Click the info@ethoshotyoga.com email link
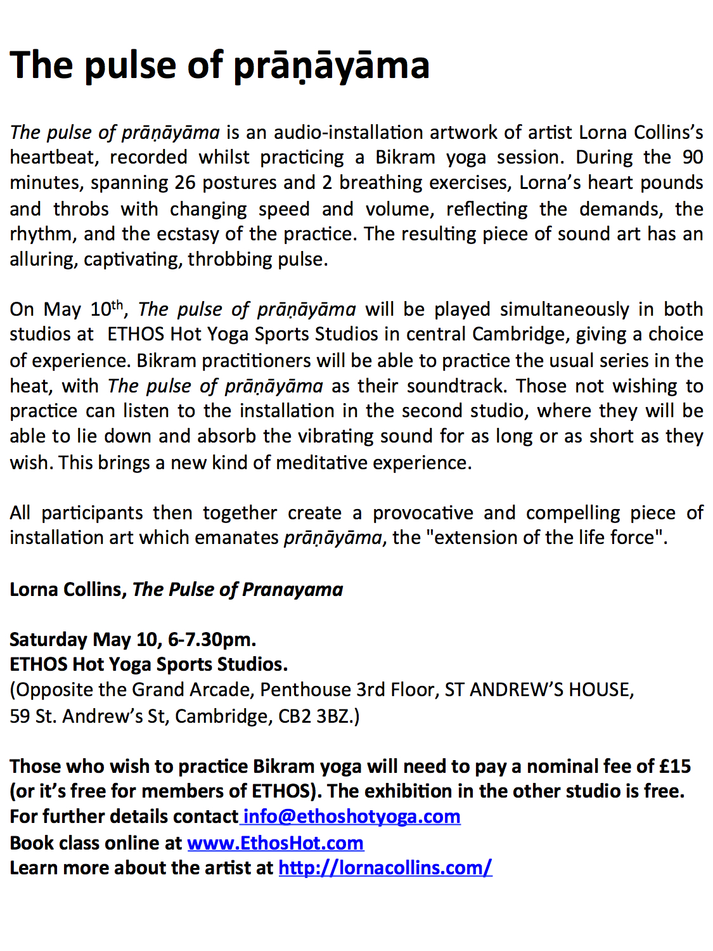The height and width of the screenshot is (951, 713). pyautogui.click(x=352, y=816)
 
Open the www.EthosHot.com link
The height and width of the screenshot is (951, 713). pyautogui.click(x=275, y=843)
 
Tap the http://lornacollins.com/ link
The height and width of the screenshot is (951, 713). pyautogui.click(x=385, y=867)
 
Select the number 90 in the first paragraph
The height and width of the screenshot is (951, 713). pyautogui.click(x=692, y=157)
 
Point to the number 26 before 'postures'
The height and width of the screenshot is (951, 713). pyautogui.click(x=185, y=183)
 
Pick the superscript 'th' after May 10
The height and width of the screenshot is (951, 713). pyautogui.click(x=117, y=305)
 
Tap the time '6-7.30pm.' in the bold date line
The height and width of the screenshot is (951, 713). pyautogui.click(x=212, y=639)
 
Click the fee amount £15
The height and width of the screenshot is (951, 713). pyautogui.click(x=674, y=766)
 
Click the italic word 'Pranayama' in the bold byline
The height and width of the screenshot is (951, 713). pyautogui.click(x=292, y=589)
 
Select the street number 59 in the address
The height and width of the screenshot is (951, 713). pyautogui.click(x=20, y=716)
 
